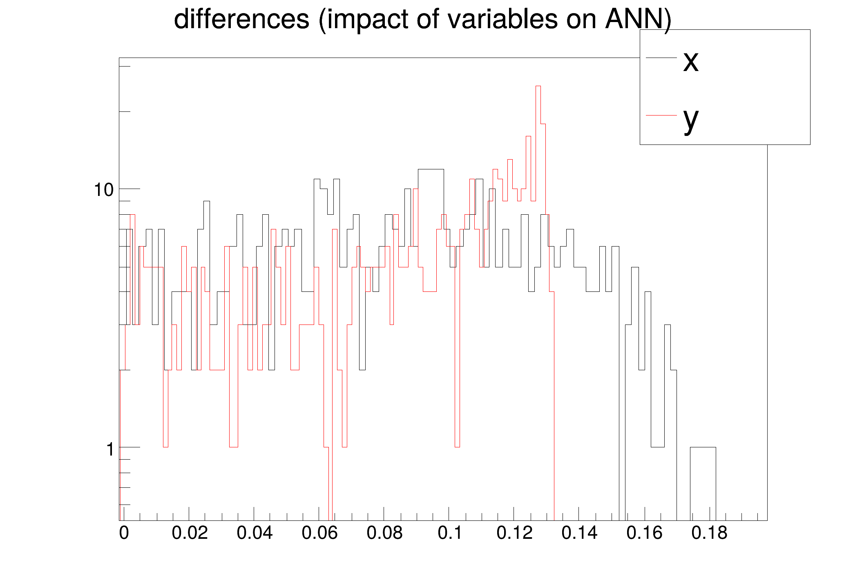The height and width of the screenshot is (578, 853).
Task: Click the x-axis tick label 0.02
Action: [x=190, y=533]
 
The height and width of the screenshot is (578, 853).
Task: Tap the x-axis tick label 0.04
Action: [x=255, y=533]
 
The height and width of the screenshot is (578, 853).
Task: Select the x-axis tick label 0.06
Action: [x=319, y=533]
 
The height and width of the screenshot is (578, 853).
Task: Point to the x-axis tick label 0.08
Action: [x=384, y=533]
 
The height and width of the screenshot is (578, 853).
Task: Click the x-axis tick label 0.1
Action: [x=450, y=533]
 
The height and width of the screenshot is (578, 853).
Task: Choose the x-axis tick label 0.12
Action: [x=514, y=533]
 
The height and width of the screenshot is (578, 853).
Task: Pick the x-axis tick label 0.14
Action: [x=579, y=533]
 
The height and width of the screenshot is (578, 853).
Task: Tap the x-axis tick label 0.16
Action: [x=644, y=533]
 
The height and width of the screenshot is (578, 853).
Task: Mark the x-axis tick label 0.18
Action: [x=709, y=533]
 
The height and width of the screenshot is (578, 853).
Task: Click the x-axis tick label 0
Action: [x=124, y=533]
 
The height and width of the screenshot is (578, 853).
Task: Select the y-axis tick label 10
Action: [x=104, y=190]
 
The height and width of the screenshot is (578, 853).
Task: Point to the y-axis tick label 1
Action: [x=109, y=449]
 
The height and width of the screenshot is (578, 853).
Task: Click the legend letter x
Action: [x=691, y=62]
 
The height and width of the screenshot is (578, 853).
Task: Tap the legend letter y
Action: [x=691, y=120]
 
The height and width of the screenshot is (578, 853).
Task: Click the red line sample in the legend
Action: [x=661, y=116]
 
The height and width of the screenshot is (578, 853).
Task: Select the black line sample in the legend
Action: [x=661, y=58]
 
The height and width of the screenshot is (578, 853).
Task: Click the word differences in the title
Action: [x=242, y=19]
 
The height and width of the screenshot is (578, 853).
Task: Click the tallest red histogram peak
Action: [x=538, y=86]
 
